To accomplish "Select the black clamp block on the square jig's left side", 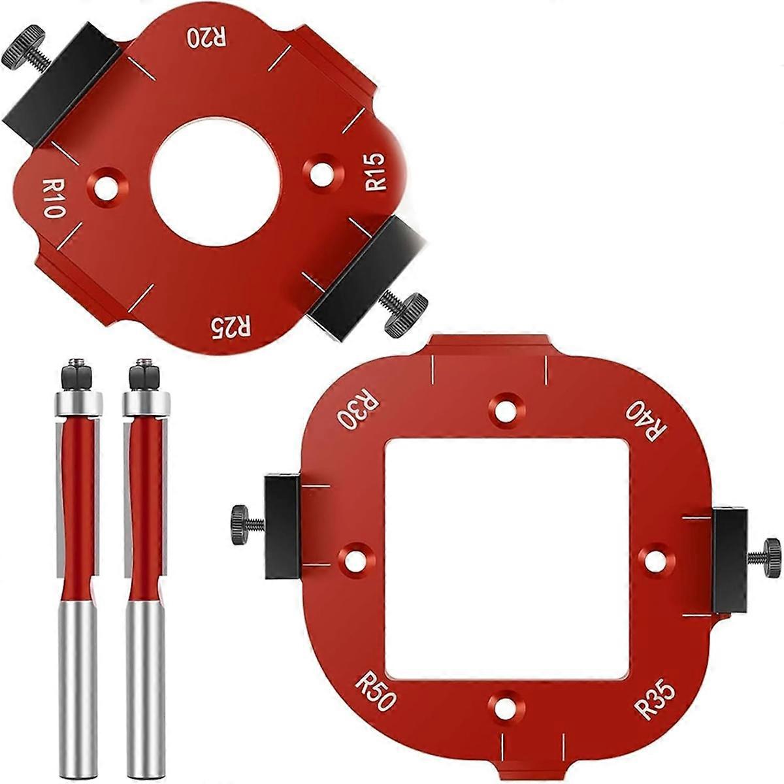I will pyautogui.click(x=282, y=527).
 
